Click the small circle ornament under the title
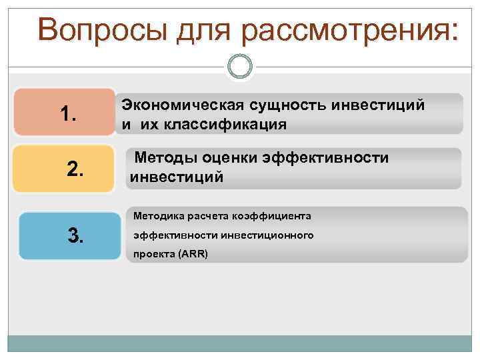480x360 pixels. [240, 66]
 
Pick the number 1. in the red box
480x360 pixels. [68, 115]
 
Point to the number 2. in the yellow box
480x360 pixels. [76, 171]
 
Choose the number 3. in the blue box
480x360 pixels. [75, 235]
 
